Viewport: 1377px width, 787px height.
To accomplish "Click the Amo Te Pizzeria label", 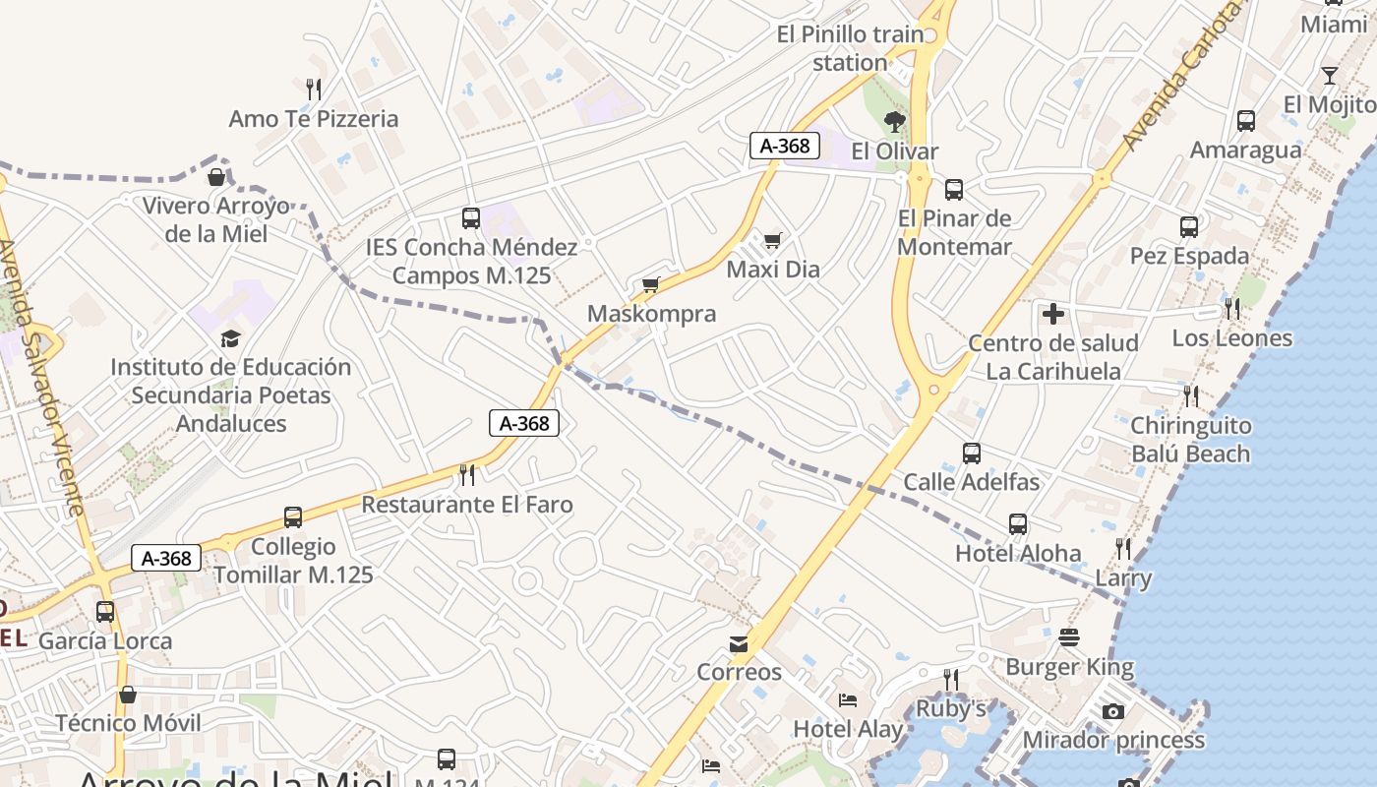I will tap(314, 119).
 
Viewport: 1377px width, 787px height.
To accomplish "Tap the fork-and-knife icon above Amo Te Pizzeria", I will tap(314, 89).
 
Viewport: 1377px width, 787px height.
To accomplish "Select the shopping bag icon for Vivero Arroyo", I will tap(216, 177).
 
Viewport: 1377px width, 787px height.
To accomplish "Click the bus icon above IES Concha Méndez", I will tap(471, 217).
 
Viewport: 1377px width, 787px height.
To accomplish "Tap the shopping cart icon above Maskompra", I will tap(650, 285).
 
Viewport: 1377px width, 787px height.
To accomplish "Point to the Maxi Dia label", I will tap(773, 269).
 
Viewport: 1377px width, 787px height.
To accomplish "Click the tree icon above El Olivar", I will tap(894, 122).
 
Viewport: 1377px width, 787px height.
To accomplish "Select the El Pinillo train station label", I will tap(851, 48).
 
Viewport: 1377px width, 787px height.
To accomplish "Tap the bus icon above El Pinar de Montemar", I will tap(953, 190).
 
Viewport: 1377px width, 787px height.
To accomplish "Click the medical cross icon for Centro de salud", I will tap(1053, 315).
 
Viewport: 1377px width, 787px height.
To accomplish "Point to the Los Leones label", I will tap(1231, 338).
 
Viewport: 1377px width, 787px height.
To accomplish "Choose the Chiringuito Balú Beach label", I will tap(1190, 440).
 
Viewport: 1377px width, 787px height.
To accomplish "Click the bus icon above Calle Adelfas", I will tap(972, 454).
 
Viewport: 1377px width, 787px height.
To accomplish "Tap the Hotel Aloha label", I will tap(1018, 553).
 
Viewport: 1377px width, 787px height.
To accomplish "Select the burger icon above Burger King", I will tap(1069, 638).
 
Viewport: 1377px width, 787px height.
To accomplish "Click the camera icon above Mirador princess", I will tap(1112, 711).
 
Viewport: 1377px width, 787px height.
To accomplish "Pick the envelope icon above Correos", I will tap(739, 643).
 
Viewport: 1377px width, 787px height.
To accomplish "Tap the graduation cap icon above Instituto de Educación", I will tap(230, 338).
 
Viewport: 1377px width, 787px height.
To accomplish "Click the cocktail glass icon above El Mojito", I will tap(1329, 76).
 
